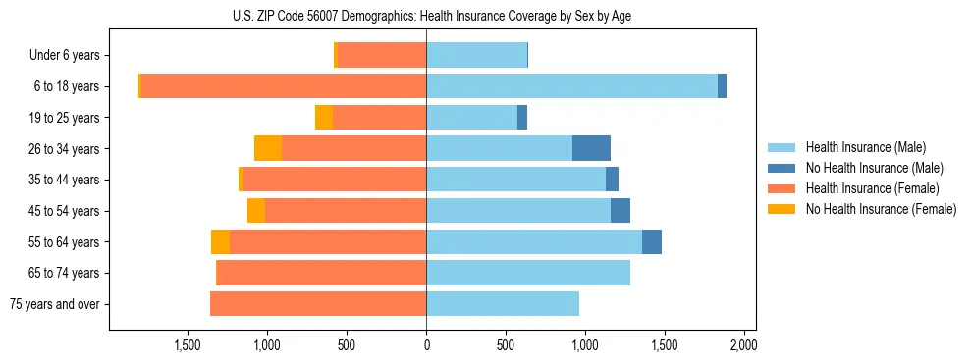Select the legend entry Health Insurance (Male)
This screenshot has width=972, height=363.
point(865,147)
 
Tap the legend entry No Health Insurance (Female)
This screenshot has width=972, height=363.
point(881,209)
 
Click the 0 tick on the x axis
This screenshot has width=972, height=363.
point(426,345)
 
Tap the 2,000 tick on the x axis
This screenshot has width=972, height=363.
point(743,345)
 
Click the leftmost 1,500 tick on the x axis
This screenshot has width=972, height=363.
point(188,345)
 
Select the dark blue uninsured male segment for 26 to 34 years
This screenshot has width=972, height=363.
point(591,148)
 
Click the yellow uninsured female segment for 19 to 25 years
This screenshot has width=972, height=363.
point(324,118)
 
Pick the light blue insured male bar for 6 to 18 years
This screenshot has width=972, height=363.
point(571,86)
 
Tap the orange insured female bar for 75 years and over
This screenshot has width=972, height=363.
point(318,304)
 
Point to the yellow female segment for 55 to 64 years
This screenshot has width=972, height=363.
point(220,242)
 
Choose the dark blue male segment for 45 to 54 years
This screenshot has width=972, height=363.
point(621,211)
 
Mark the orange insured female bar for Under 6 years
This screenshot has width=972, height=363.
point(382,56)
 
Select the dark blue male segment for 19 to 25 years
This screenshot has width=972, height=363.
point(522,118)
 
